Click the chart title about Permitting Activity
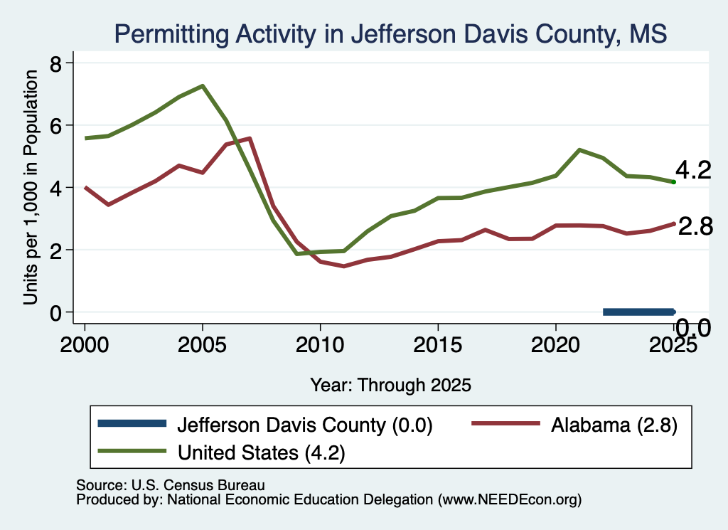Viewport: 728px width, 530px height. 390,34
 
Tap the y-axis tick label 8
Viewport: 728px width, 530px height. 55,63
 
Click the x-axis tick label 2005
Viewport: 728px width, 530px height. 202,344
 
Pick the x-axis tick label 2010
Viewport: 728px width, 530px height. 320,344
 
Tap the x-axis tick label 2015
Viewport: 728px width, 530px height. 438,344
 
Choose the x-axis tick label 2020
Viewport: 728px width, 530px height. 555,344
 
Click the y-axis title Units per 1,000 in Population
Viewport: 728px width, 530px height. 30,187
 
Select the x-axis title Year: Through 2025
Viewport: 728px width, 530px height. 390,385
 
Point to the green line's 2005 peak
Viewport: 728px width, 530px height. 203,85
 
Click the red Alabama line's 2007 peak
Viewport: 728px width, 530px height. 250,138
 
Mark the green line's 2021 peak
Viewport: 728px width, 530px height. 579,149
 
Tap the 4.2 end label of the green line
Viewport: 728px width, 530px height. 693,171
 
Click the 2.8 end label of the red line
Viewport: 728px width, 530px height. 695,227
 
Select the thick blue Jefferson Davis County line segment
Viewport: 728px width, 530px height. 639,312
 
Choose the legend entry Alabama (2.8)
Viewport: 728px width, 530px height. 574,424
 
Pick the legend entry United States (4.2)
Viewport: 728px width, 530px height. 222,452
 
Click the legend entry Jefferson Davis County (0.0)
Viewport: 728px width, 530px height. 265,424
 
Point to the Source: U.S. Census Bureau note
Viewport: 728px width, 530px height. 171,485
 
